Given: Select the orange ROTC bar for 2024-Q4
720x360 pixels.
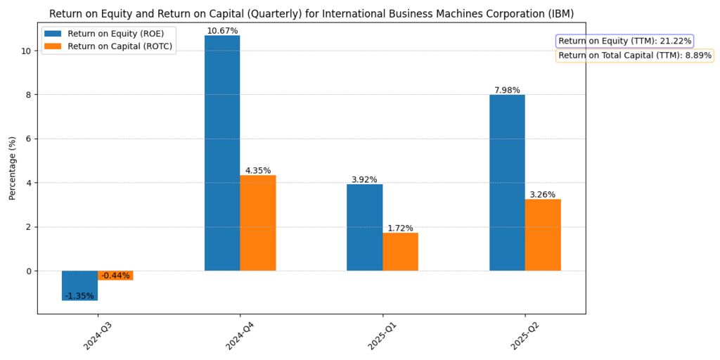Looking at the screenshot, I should (x=257, y=223).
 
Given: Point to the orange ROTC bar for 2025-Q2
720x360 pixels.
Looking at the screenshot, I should (x=543, y=235).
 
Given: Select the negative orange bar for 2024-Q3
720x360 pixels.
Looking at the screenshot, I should (x=115, y=275).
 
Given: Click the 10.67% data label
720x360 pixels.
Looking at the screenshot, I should (x=222, y=31).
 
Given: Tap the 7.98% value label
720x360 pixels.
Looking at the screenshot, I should (x=507, y=90).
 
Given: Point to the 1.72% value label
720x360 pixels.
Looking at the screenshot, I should (x=400, y=228).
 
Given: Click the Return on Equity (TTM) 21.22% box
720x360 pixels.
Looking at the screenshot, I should (x=624, y=41).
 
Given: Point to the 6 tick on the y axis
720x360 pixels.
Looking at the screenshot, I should (x=28, y=139).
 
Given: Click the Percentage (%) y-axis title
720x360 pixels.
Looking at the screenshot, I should (x=12, y=168).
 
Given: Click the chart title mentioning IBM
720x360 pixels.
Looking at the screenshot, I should (x=311, y=13).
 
